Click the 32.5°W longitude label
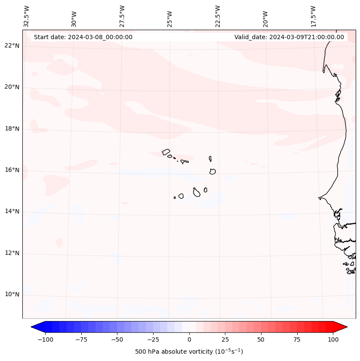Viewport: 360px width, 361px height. pos(27,16)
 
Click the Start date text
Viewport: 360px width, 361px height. pos(83,37)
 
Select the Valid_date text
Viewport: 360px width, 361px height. pos(289,37)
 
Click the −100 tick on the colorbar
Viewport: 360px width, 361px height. pos(45,339)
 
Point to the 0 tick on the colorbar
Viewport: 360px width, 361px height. pos(189,339)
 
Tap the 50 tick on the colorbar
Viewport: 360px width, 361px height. pos(261,339)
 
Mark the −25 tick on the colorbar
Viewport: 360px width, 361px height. pos(153,339)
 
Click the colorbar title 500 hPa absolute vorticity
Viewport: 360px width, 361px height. pos(189,352)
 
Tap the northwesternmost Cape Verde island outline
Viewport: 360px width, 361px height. pos(166,151)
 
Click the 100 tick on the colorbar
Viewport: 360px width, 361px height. pos(333,339)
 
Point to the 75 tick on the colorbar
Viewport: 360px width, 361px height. pos(297,339)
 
